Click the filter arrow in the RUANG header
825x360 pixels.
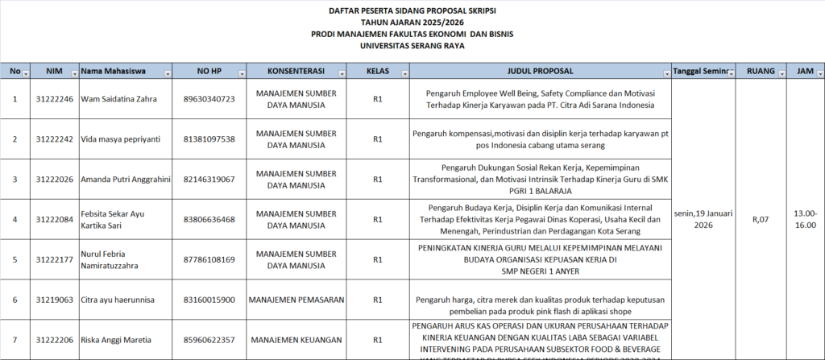point(781,73)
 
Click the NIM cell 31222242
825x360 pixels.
point(54,139)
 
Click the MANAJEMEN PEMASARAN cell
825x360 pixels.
point(297,300)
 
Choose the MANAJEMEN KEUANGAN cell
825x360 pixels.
point(296,339)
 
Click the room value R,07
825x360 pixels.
point(761,219)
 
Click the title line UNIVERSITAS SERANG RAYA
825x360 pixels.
point(412,46)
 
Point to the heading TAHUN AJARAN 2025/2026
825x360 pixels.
point(412,23)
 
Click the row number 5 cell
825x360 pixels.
point(15,259)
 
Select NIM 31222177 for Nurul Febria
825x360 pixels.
point(54,259)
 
